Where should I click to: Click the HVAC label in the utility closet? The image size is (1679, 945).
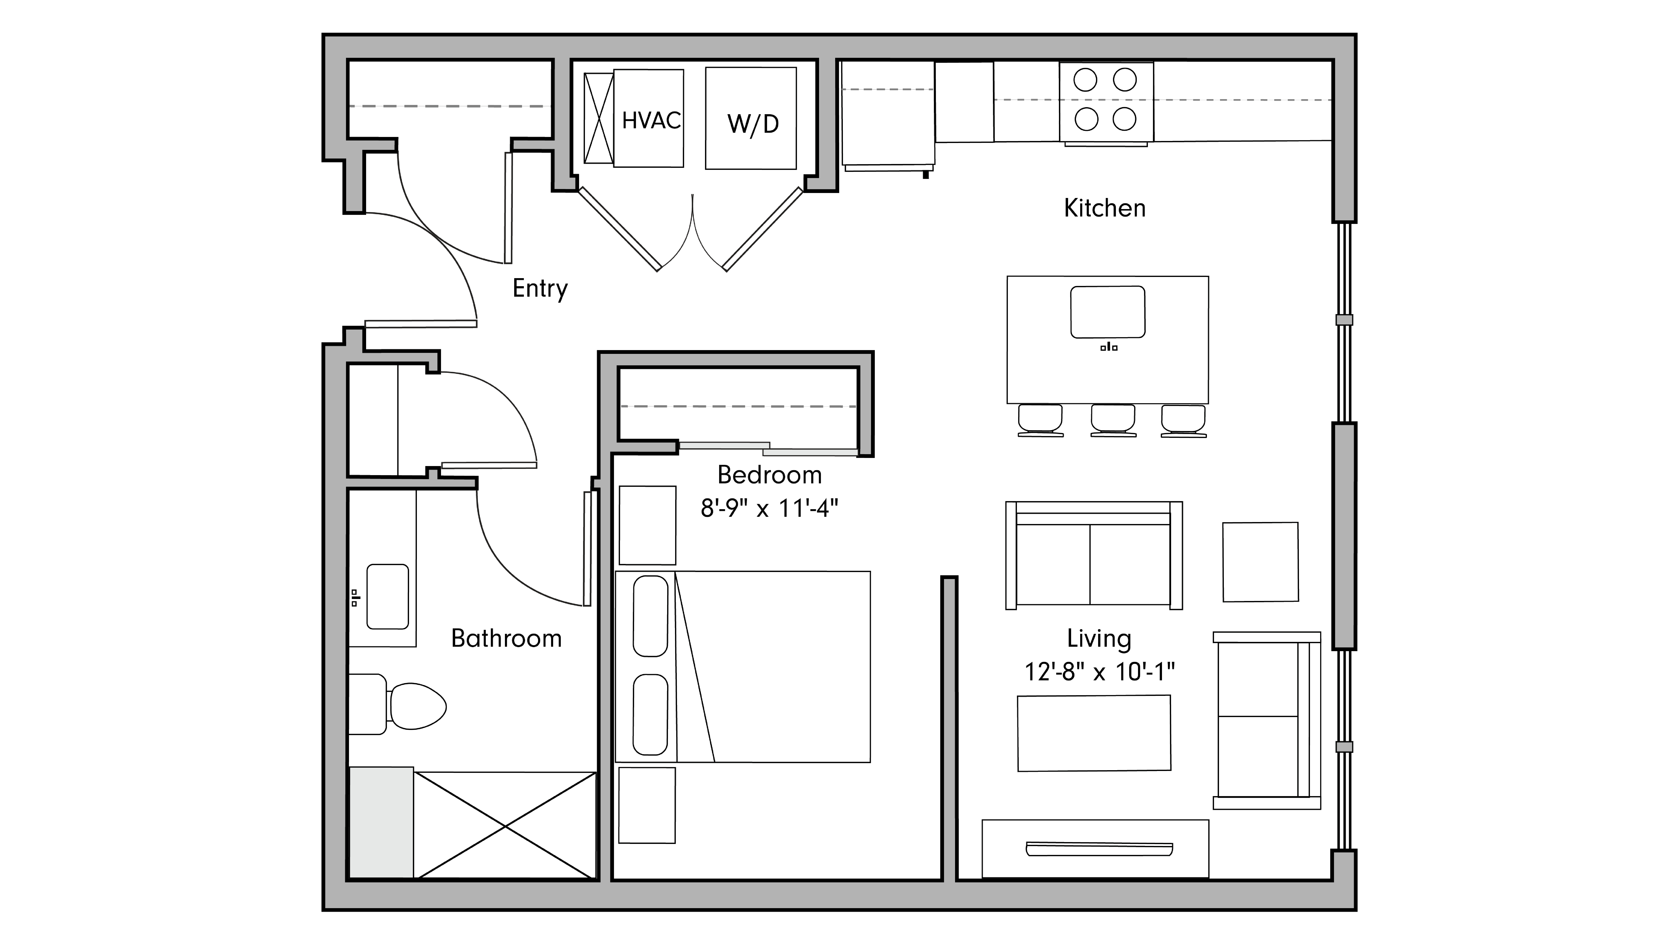pyautogui.click(x=650, y=121)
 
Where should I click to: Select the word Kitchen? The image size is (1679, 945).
pyautogui.click(x=1104, y=208)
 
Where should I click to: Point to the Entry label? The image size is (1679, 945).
pyautogui.click(x=540, y=288)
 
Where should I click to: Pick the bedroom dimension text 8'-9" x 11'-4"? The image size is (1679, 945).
pyautogui.click(x=769, y=508)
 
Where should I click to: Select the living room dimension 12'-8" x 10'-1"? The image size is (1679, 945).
pyautogui.click(x=1099, y=671)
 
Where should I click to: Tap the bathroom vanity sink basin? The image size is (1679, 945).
pyautogui.click(x=388, y=596)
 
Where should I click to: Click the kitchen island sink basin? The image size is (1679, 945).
pyautogui.click(x=1107, y=312)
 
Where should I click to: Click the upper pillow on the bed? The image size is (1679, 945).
pyautogui.click(x=650, y=616)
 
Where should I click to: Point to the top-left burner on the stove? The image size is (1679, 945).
pyautogui.click(x=1085, y=80)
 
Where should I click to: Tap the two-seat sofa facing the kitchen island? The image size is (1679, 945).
pyautogui.click(x=1094, y=557)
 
